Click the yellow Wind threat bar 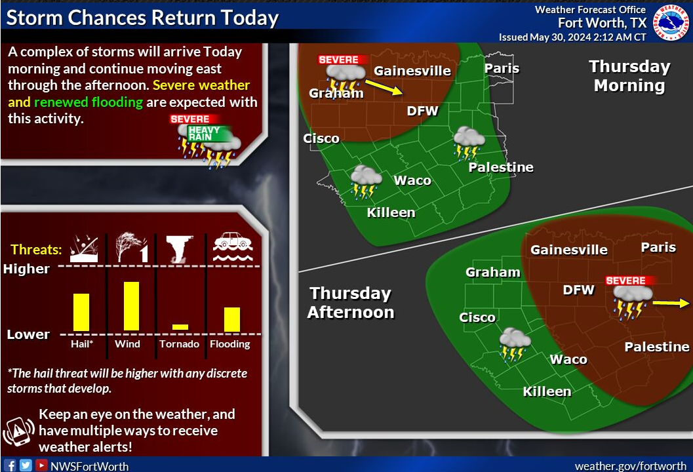[x=131, y=306]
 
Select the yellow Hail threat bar [x=81, y=313]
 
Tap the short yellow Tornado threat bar [x=180, y=327]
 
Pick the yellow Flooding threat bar [x=232, y=319]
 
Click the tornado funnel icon [x=180, y=249]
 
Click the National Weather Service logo [x=671, y=22]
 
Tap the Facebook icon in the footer [x=10, y=465]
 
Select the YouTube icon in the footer [x=41, y=465]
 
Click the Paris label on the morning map [x=502, y=68]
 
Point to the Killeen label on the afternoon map [x=547, y=391]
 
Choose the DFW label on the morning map [x=422, y=111]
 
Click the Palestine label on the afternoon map [x=657, y=347]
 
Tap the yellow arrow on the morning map [x=384, y=87]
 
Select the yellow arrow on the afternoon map [x=671, y=303]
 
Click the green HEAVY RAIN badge [x=210, y=134]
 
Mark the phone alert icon [x=18, y=431]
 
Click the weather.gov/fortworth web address [x=631, y=466]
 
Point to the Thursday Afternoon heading [x=351, y=303]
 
